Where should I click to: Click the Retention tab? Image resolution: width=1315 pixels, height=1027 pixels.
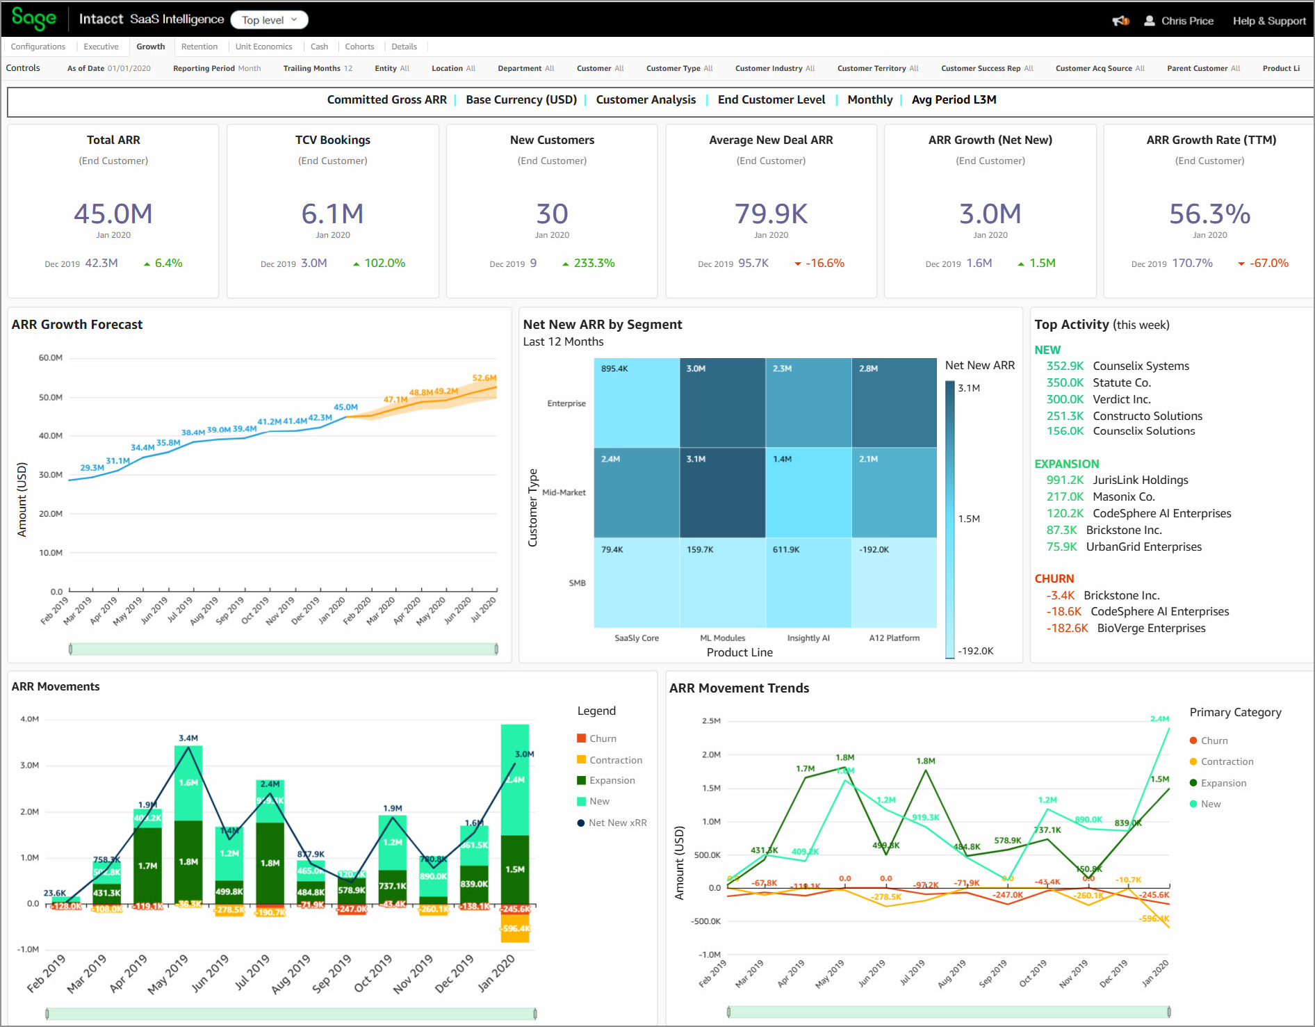tap(199, 47)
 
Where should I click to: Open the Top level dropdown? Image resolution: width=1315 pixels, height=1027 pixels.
tap(269, 20)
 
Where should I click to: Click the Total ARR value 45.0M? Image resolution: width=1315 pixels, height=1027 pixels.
tap(113, 213)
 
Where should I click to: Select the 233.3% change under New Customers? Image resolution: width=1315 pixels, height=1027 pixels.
tap(594, 263)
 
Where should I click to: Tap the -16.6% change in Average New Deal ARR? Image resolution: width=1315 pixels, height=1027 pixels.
tap(824, 263)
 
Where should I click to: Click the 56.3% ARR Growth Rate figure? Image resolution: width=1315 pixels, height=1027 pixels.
tap(1209, 213)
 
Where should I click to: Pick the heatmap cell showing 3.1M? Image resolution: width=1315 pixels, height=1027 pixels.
tap(722, 492)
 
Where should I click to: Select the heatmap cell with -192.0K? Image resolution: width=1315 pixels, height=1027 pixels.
tap(894, 582)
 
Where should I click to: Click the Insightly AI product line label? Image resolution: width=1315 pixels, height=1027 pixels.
tap(808, 638)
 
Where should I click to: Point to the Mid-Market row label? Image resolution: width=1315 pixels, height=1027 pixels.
tap(564, 492)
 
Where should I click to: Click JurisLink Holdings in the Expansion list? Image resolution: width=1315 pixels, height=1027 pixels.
tap(1140, 480)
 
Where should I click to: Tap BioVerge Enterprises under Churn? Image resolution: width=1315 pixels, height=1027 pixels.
tap(1151, 628)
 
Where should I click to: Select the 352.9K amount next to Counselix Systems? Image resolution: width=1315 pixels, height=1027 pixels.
tap(1065, 366)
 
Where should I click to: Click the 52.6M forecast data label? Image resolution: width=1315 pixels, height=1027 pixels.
tap(484, 378)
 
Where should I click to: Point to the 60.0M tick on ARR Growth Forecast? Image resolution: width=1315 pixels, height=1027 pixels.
tap(50, 357)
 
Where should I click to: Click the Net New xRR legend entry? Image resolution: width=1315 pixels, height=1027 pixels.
tap(616, 823)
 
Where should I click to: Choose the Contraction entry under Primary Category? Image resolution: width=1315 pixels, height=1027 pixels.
tap(1227, 761)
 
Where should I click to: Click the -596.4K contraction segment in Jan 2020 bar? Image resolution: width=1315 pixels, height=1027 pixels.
tap(515, 929)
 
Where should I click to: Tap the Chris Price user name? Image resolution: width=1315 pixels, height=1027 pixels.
tap(1187, 21)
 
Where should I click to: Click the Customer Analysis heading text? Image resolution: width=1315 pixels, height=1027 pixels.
tap(646, 99)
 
